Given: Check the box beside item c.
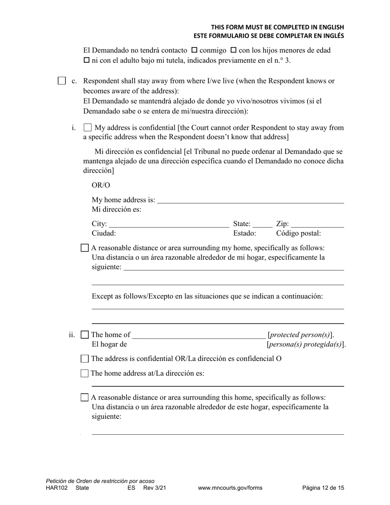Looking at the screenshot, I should (62, 81).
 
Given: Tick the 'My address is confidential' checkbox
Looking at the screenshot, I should (87, 128).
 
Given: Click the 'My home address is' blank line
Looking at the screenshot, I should (250, 200).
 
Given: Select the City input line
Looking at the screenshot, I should (169, 224).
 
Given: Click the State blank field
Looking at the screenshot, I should (262, 224).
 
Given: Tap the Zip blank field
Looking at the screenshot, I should (317, 224).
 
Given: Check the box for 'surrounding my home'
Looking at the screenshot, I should (85, 248).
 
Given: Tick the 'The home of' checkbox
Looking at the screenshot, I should (85, 335).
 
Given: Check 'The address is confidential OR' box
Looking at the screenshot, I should (85, 358).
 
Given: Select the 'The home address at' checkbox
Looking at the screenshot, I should (85, 373).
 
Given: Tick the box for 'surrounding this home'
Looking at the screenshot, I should (85, 397).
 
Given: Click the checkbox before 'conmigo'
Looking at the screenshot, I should (194, 50).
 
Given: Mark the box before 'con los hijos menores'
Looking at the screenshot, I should (233, 50).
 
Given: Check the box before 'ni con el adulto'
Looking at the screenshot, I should (86, 61).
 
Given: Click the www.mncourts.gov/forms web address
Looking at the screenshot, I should (230, 488).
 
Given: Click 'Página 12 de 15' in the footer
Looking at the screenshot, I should (323, 488).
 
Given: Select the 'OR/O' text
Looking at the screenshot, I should (101, 185).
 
